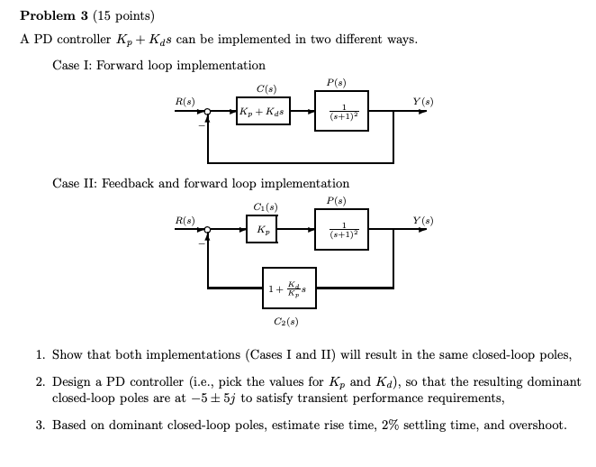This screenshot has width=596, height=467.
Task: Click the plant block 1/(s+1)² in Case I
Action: pos(342,112)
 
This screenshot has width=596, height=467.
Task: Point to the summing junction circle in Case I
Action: pos(208,112)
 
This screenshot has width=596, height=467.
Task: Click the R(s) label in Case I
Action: pos(184,100)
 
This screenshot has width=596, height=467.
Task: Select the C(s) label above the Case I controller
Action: pos(266,89)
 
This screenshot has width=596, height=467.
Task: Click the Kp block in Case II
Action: pos(261,231)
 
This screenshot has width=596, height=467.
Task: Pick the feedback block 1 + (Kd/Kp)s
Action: pos(289,288)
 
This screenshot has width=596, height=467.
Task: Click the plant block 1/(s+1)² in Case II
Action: pos(342,231)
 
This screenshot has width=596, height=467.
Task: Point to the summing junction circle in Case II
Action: pos(208,231)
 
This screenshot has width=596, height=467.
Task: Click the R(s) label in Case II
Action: pos(184,219)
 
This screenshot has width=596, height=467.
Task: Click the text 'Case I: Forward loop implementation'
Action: pos(159,65)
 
